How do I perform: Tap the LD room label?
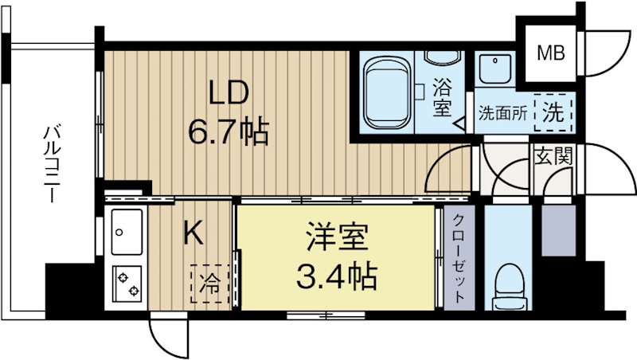click(x=229, y=94)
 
